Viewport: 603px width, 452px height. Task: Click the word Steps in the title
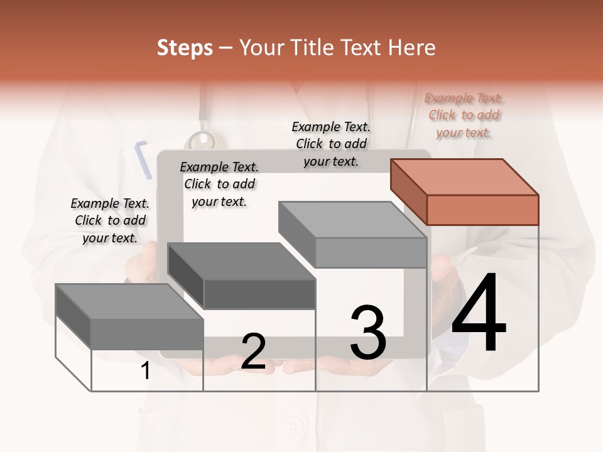[x=185, y=48]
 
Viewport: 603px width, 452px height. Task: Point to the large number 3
[x=368, y=333]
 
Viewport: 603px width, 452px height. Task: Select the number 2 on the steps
[x=253, y=352]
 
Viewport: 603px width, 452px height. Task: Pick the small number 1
[x=146, y=371]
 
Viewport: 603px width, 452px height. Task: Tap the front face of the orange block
[x=482, y=210]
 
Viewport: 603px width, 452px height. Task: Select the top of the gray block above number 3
[x=352, y=220]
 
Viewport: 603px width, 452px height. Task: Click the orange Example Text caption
[x=464, y=115]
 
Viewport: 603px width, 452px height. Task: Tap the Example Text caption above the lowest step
[x=110, y=220]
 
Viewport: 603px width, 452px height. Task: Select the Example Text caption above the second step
[x=219, y=184]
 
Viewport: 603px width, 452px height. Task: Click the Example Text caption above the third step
[x=331, y=144]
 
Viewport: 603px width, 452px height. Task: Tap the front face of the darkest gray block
[x=259, y=294]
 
